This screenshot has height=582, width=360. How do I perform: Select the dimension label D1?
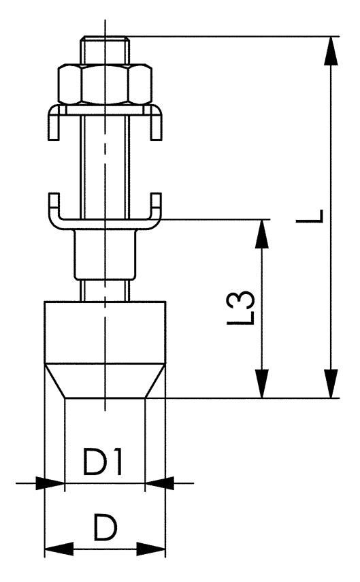[103, 464]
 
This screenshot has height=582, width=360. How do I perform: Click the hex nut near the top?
[104, 82]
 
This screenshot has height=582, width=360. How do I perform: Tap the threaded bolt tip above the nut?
[103, 49]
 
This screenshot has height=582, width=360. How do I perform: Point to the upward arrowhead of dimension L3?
[261, 230]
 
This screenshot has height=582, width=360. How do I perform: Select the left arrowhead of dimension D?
[54, 548]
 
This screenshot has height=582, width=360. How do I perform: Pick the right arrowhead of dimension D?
[155, 548]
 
